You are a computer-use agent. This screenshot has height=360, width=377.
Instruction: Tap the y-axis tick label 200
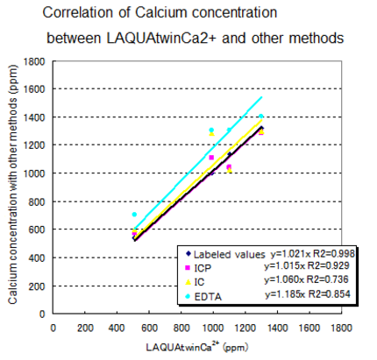coord(39,286)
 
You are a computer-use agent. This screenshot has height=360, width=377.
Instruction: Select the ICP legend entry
coord(203,269)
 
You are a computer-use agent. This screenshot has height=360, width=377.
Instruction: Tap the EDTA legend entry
coord(206,295)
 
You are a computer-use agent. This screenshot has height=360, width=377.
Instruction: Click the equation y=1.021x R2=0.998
coord(307,255)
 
